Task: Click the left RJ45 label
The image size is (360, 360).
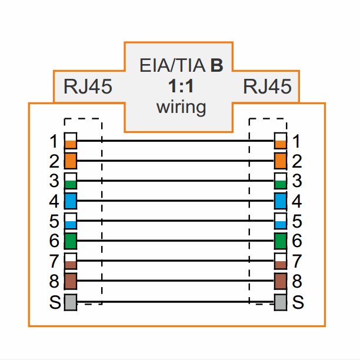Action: click(88, 86)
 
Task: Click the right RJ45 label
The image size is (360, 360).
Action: click(267, 86)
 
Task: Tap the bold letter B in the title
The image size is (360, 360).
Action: click(216, 65)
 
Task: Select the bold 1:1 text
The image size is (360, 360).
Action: click(181, 86)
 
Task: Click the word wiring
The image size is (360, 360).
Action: click(181, 108)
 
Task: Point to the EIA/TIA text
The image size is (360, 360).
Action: click(172, 65)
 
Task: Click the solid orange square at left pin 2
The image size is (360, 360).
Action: click(71, 161)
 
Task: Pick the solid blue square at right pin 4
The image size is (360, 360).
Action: click(281, 201)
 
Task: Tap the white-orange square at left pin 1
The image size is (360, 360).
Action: click(71, 141)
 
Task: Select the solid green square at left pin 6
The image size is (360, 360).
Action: click(71, 241)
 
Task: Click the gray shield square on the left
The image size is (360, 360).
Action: click(71, 302)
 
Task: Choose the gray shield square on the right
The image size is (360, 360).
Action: click(281, 302)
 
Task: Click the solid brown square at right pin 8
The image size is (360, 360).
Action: click(281, 281)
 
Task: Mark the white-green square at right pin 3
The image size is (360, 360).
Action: click(281, 181)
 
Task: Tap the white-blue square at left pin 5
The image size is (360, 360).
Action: click(71, 221)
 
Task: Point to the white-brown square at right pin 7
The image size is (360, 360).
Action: click(281, 261)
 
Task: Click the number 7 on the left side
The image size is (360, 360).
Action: click(54, 261)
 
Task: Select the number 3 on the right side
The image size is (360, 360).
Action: click(296, 181)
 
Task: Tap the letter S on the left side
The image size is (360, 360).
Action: click(55, 302)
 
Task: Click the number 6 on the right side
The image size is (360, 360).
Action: click(296, 241)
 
